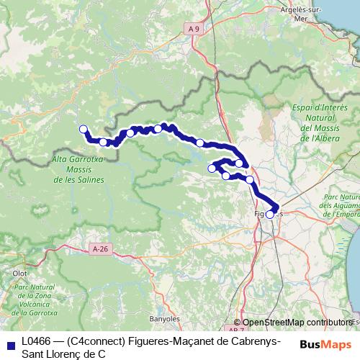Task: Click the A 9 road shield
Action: tap(190, 29)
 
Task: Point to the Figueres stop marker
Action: tap(270, 214)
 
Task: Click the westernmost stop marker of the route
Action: tap(83, 129)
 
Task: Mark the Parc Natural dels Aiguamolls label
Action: tap(338, 204)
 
